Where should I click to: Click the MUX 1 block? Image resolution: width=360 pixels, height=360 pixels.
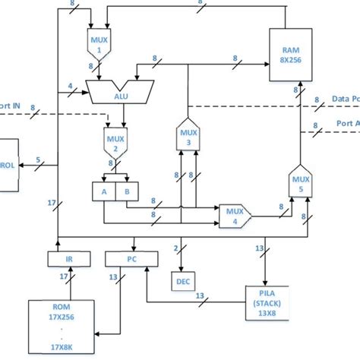pyautogui.click(x=98, y=45)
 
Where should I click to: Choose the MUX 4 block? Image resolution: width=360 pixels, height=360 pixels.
pyautogui.click(x=234, y=216)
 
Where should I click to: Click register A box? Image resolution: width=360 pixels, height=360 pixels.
pyautogui.click(x=104, y=192)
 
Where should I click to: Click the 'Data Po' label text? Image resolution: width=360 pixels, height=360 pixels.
pyautogui.click(x=346, y=99)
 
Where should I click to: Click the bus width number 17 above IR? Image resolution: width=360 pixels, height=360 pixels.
pyautogui.click(x=52, y=204)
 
